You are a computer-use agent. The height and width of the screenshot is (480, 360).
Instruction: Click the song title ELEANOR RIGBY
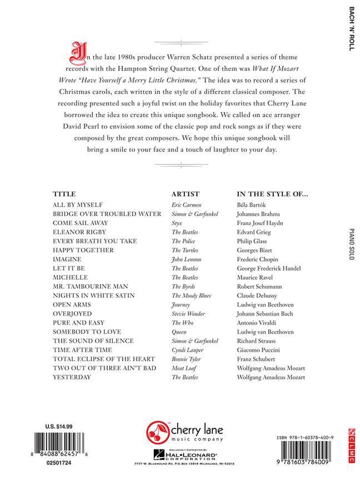79,232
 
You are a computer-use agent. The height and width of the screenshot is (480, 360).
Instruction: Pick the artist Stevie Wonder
189,314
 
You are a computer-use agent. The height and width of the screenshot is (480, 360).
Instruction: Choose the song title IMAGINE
67,259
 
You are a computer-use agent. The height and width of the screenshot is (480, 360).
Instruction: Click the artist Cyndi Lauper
187,350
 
